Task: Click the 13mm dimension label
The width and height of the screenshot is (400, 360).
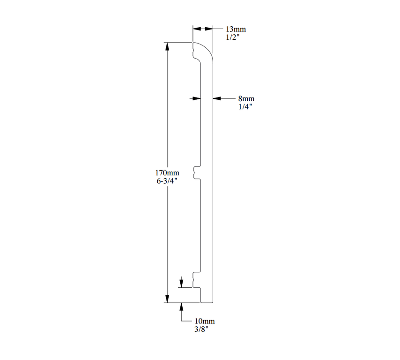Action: pos(236,29)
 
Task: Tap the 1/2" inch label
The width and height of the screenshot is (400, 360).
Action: pos(233,37)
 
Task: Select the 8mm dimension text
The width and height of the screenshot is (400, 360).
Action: pos(246,98)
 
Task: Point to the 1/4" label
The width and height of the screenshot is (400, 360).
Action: pos(245,107)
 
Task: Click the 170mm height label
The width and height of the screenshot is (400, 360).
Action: pos(167,173)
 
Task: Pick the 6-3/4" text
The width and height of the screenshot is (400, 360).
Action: pos(167,181)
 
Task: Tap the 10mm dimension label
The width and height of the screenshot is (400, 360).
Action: pos(205,321)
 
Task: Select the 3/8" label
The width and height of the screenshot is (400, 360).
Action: pos(201,330)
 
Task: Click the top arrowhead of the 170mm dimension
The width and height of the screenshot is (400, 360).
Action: pos(167,46)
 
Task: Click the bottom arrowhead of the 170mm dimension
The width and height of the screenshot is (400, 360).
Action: pos(167,299)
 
